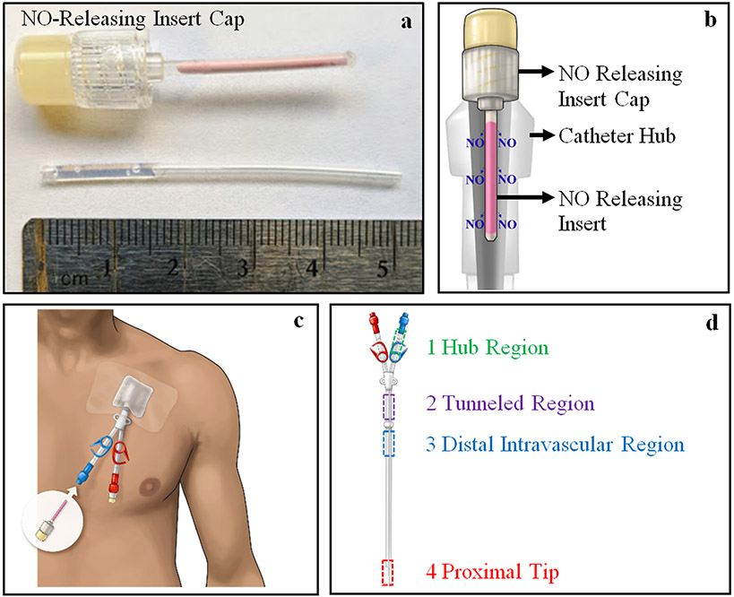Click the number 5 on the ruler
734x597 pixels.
click(382, 268)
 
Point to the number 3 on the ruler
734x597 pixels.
click(242, 268)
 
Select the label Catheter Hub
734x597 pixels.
click(610, 136)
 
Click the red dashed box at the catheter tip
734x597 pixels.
click(387, 571)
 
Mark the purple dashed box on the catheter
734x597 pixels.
click(389, 407)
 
